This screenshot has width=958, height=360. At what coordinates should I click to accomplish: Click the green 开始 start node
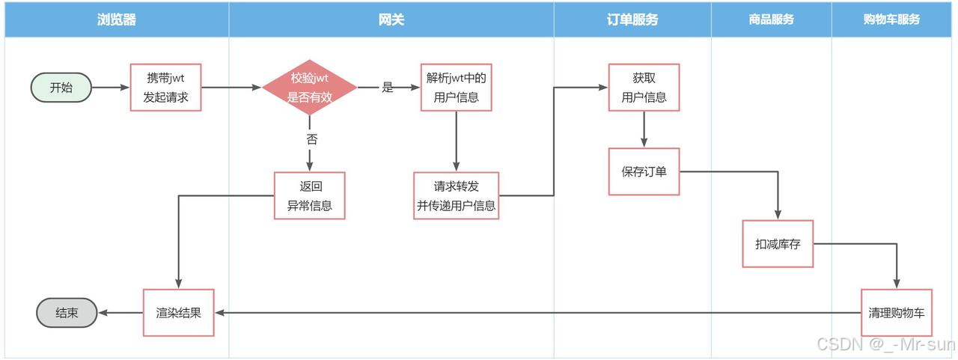(61, 88)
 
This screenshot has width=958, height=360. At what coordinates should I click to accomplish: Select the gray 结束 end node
(67, 313)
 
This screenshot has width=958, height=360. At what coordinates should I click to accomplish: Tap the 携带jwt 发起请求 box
(166, 88)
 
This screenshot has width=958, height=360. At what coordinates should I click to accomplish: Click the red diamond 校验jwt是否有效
(309, 88)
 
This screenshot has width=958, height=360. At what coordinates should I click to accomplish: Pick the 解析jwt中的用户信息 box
(456, 88)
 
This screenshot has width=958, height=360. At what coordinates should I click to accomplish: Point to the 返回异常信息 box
(309, 195)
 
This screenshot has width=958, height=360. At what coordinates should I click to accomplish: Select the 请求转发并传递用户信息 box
(456, 195)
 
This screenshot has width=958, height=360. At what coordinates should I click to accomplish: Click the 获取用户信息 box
(644, 88)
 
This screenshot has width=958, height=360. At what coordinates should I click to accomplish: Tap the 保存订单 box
(644, 171)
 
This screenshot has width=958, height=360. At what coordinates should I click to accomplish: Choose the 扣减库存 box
(778, 243)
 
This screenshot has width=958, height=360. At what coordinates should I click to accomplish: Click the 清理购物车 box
(896, 312)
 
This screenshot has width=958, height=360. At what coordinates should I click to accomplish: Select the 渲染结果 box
(179, 312)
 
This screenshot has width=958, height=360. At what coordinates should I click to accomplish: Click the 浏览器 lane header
(117, 20)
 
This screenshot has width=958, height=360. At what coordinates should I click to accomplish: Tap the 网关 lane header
(391, 20)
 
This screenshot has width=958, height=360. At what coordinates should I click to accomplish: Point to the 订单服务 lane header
(632, 20)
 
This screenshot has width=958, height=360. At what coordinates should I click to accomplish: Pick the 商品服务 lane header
(771, 20)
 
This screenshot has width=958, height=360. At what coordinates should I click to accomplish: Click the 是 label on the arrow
(387, 88)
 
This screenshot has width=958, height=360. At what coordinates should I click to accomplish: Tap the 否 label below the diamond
(311, 139)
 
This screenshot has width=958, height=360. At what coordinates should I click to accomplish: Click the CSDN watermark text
(885, 344)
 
